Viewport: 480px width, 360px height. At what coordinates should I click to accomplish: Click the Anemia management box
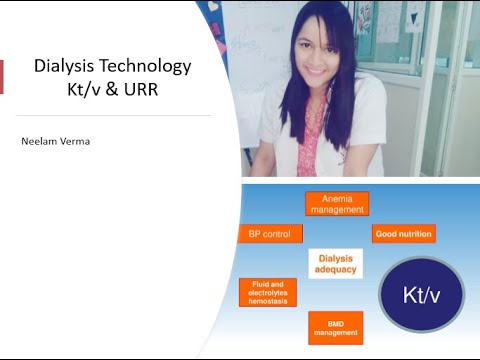tap(337, 203)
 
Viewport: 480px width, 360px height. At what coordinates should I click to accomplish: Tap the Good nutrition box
tap(403, 234)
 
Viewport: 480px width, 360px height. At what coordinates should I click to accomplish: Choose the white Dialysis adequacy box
tap(335, 263)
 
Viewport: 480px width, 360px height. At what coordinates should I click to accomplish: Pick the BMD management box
tap(336, 326)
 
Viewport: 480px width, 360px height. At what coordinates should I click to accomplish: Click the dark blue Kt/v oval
tap(420, 294)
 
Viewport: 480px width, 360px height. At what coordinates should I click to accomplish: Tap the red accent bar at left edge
tap(2, 77)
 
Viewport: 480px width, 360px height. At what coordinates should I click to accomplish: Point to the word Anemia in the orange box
tap(337, 197)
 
